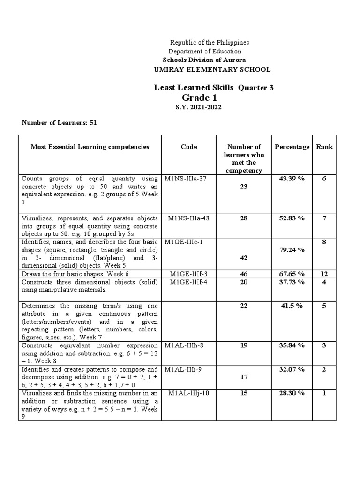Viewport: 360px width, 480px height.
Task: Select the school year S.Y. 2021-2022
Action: (x=197, y=107)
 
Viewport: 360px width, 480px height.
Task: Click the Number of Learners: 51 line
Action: (x=59, y=123)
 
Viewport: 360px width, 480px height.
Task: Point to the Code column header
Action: (x=189, y=147)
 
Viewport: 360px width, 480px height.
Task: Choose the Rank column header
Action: (x=324, y=147)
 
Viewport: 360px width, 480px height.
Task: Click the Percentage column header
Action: (x=292, y=147)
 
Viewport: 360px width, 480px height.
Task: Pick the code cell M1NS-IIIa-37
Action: (x=185, y=179)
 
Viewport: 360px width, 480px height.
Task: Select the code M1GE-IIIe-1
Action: (x=183, y=242)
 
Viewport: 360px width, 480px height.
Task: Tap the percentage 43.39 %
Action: (x=292, y=179)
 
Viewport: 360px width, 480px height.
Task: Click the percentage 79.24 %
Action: (x=292, y=250)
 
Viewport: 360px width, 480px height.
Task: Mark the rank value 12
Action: (x=324, y=274)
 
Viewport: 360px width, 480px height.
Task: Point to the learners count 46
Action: (x=244, y=274)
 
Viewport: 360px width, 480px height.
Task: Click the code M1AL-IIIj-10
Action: (x=188, y=393)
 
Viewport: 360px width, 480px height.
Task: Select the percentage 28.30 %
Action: (x=292, y=393)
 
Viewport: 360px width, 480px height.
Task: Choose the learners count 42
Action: (x=244, y=258)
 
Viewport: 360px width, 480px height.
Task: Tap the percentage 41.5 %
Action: (x=292, y=305)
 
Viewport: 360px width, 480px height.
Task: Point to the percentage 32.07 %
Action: (x=292, y=369)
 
